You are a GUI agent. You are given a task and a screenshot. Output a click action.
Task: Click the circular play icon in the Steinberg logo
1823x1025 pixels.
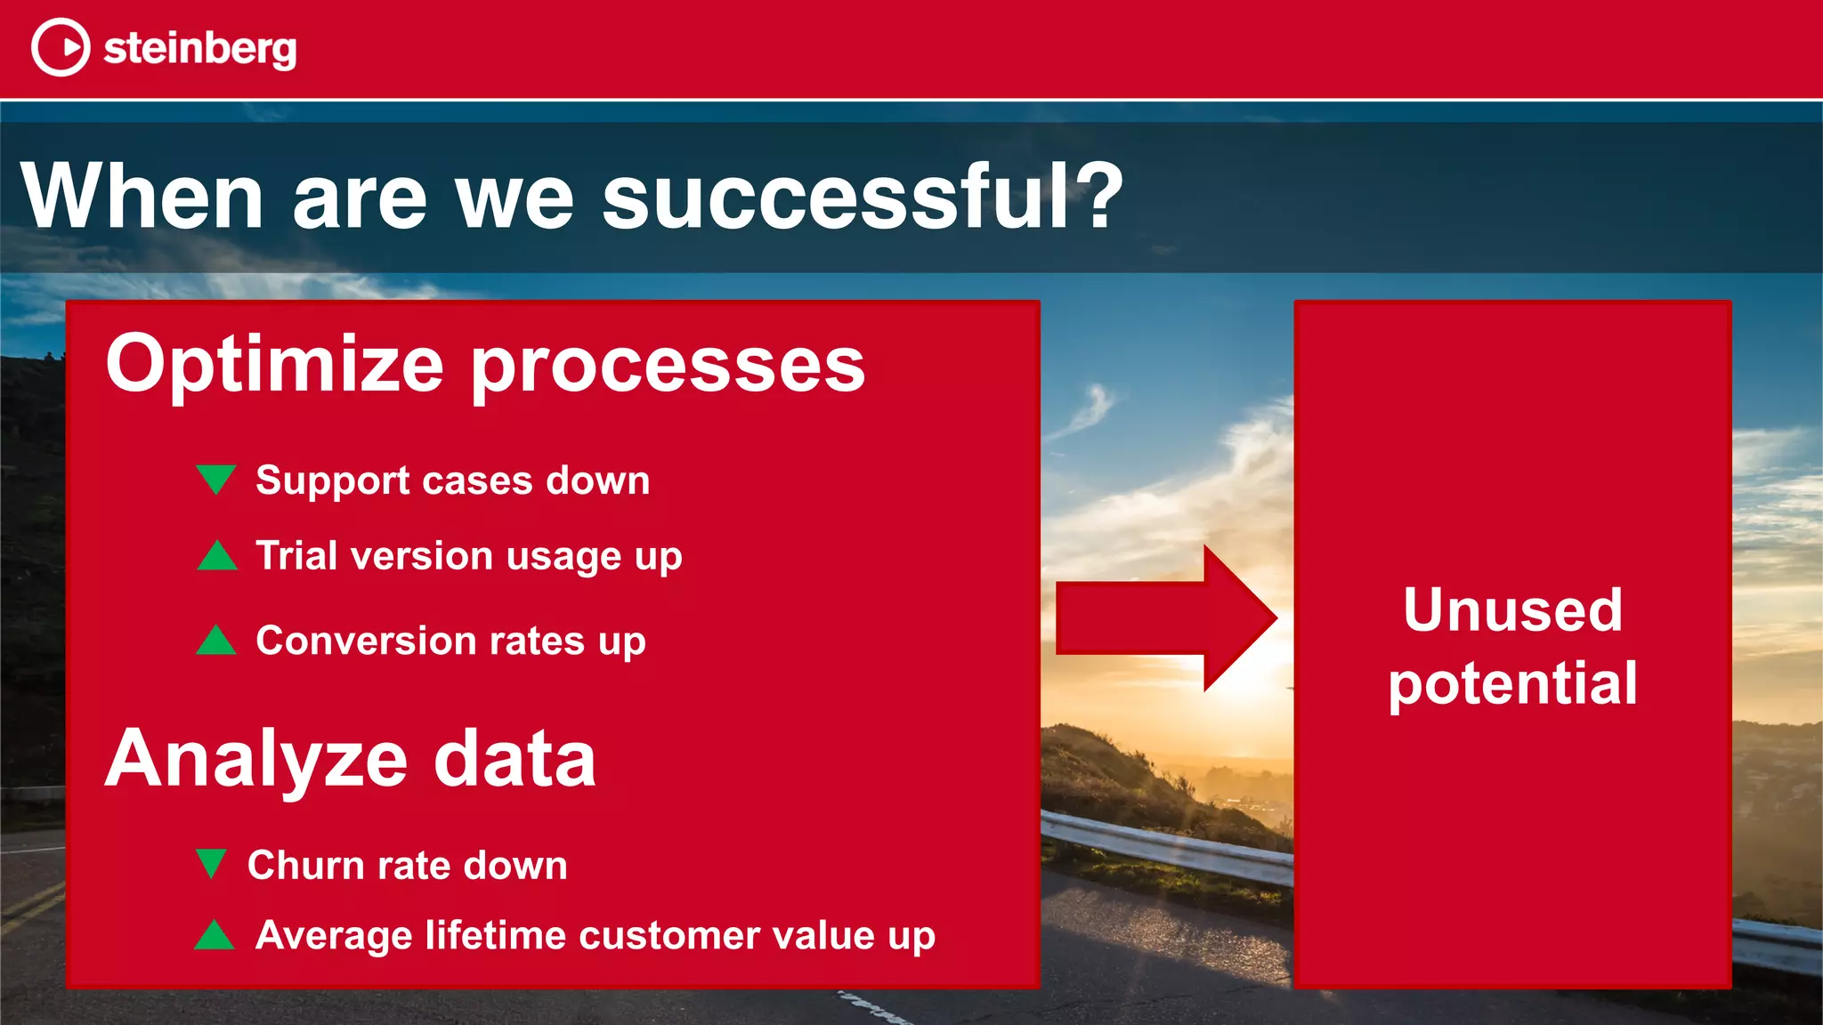61,47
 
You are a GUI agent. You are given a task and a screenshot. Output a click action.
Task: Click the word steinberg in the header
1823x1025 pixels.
199,48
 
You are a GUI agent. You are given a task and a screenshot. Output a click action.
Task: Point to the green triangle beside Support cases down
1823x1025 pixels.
215,478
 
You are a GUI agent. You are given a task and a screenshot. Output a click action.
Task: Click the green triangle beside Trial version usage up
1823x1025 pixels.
216,556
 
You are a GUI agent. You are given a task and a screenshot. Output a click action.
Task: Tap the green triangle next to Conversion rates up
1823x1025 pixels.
216,641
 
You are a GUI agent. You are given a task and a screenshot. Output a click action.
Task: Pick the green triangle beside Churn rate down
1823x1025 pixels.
211,862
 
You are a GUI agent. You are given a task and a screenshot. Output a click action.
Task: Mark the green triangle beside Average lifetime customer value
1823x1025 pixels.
214,936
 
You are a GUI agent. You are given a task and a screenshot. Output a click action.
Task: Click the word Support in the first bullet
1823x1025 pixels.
333,481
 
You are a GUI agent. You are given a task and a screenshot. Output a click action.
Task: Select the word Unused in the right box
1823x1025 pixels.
1512,610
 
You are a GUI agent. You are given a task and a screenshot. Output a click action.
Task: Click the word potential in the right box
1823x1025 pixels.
1512,684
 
